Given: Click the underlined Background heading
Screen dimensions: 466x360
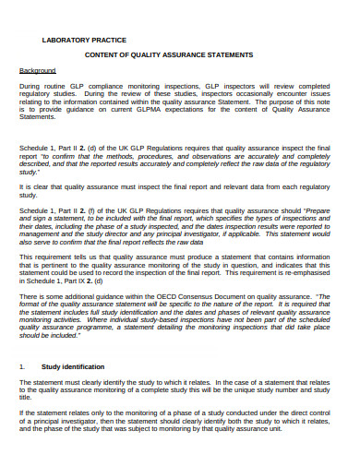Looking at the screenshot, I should point(38,70).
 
